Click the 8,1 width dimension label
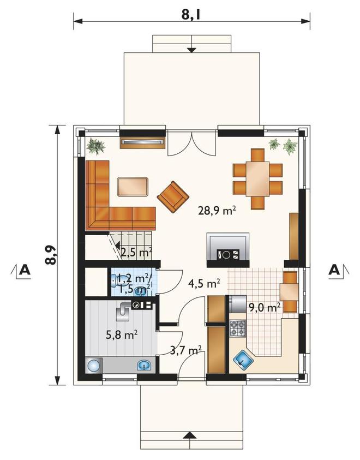point(190,14)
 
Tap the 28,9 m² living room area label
point(217,210)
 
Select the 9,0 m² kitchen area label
point(265,307)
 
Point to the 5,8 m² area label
point(122,334)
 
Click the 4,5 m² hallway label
point(205,284)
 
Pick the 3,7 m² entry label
point(185,350)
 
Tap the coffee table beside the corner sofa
point(133,187)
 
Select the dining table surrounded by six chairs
point(257,179)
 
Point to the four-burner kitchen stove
point(237,328)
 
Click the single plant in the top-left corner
point(95,146)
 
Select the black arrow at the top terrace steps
point(191,50)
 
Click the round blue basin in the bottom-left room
point(94,366)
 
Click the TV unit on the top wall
point(142,142)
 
